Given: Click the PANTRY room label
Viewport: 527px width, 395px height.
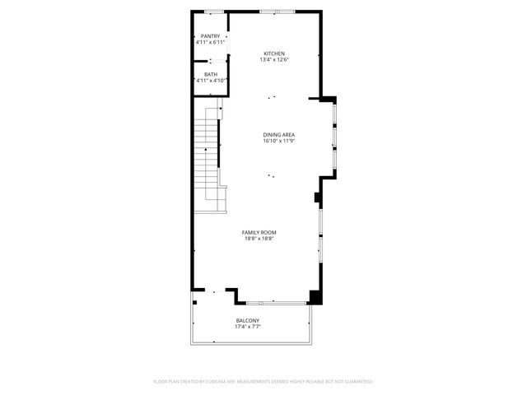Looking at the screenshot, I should [210, 36].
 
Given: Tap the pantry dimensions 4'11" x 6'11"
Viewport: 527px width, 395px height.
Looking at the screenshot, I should [210, 42].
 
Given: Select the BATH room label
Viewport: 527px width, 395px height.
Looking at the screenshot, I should [211, 75].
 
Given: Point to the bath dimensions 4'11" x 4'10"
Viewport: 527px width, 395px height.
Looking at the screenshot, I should [211, 81].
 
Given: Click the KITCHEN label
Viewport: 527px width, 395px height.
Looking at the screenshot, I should [273, 53].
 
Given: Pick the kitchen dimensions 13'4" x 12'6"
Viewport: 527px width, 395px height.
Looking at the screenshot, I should [273, 59].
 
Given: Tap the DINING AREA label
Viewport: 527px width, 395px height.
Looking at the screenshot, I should [278, 135].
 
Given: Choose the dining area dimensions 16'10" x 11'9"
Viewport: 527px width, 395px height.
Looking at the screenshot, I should [278, 141].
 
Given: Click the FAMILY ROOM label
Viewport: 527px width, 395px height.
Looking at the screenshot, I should [258, 233].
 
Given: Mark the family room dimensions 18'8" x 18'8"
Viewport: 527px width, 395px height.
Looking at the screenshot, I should [258, 239].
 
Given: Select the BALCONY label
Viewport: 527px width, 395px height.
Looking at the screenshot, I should [248, 320].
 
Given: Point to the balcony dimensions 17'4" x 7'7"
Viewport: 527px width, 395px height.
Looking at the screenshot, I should [248, 326].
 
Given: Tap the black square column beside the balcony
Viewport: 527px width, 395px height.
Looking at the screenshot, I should [315, 296].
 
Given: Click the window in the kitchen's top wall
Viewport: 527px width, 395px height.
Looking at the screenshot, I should [268, 12].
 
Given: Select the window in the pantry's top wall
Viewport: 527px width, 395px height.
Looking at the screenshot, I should [215, 12].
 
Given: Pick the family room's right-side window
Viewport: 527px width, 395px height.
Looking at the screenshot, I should [320, 239].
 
